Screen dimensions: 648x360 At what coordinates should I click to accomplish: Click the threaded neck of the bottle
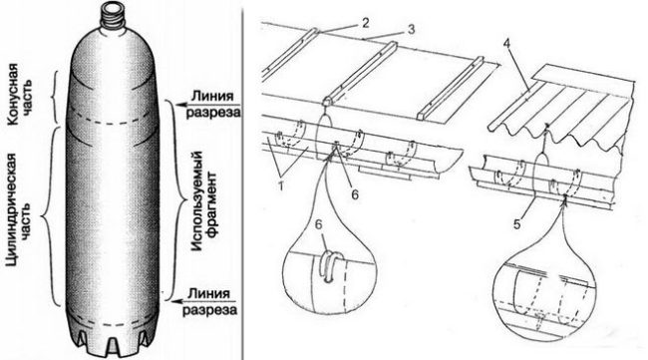pyautogui.click(x=113, y=16)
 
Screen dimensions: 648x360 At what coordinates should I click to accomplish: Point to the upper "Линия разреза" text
pyautogui.click(x=212, y=105)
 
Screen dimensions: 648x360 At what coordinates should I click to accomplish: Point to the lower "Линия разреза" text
pyautogui.click(x=210, y=302)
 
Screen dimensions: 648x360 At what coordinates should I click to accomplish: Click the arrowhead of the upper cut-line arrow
pyautogui.click(x=180, y=105)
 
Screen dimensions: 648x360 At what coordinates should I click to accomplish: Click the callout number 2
pyautogui.click(x=365, y=23)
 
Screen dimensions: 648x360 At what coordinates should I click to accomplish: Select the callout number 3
pyautogui.click(x=411, y=30)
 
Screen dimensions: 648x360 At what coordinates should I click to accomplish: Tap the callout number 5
pyautogui.click(x=516, y=225)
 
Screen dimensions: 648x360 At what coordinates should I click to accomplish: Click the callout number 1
pyautogui.click(x=281, y=186)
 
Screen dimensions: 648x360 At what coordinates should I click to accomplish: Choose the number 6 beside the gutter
pyautogui.click(x=355, y=194)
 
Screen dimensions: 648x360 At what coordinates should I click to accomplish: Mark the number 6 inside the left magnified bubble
pyautogui.click(x=318, y=224)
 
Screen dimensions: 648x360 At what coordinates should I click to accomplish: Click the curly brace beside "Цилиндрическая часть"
pyautogui.click(x=49, y=215)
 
